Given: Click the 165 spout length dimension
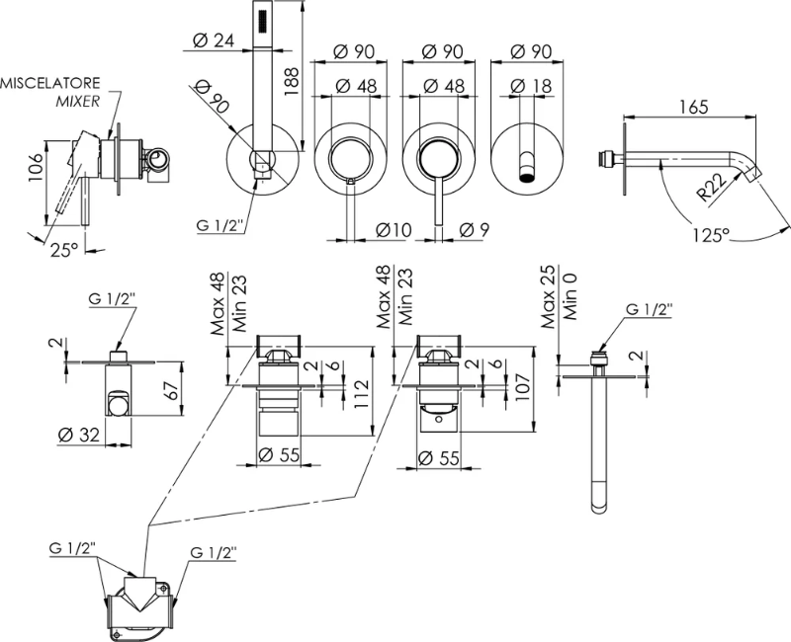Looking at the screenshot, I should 696,109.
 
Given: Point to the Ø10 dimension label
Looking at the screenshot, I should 392,230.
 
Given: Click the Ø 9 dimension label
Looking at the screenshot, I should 475,230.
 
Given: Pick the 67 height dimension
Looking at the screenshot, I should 169,389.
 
